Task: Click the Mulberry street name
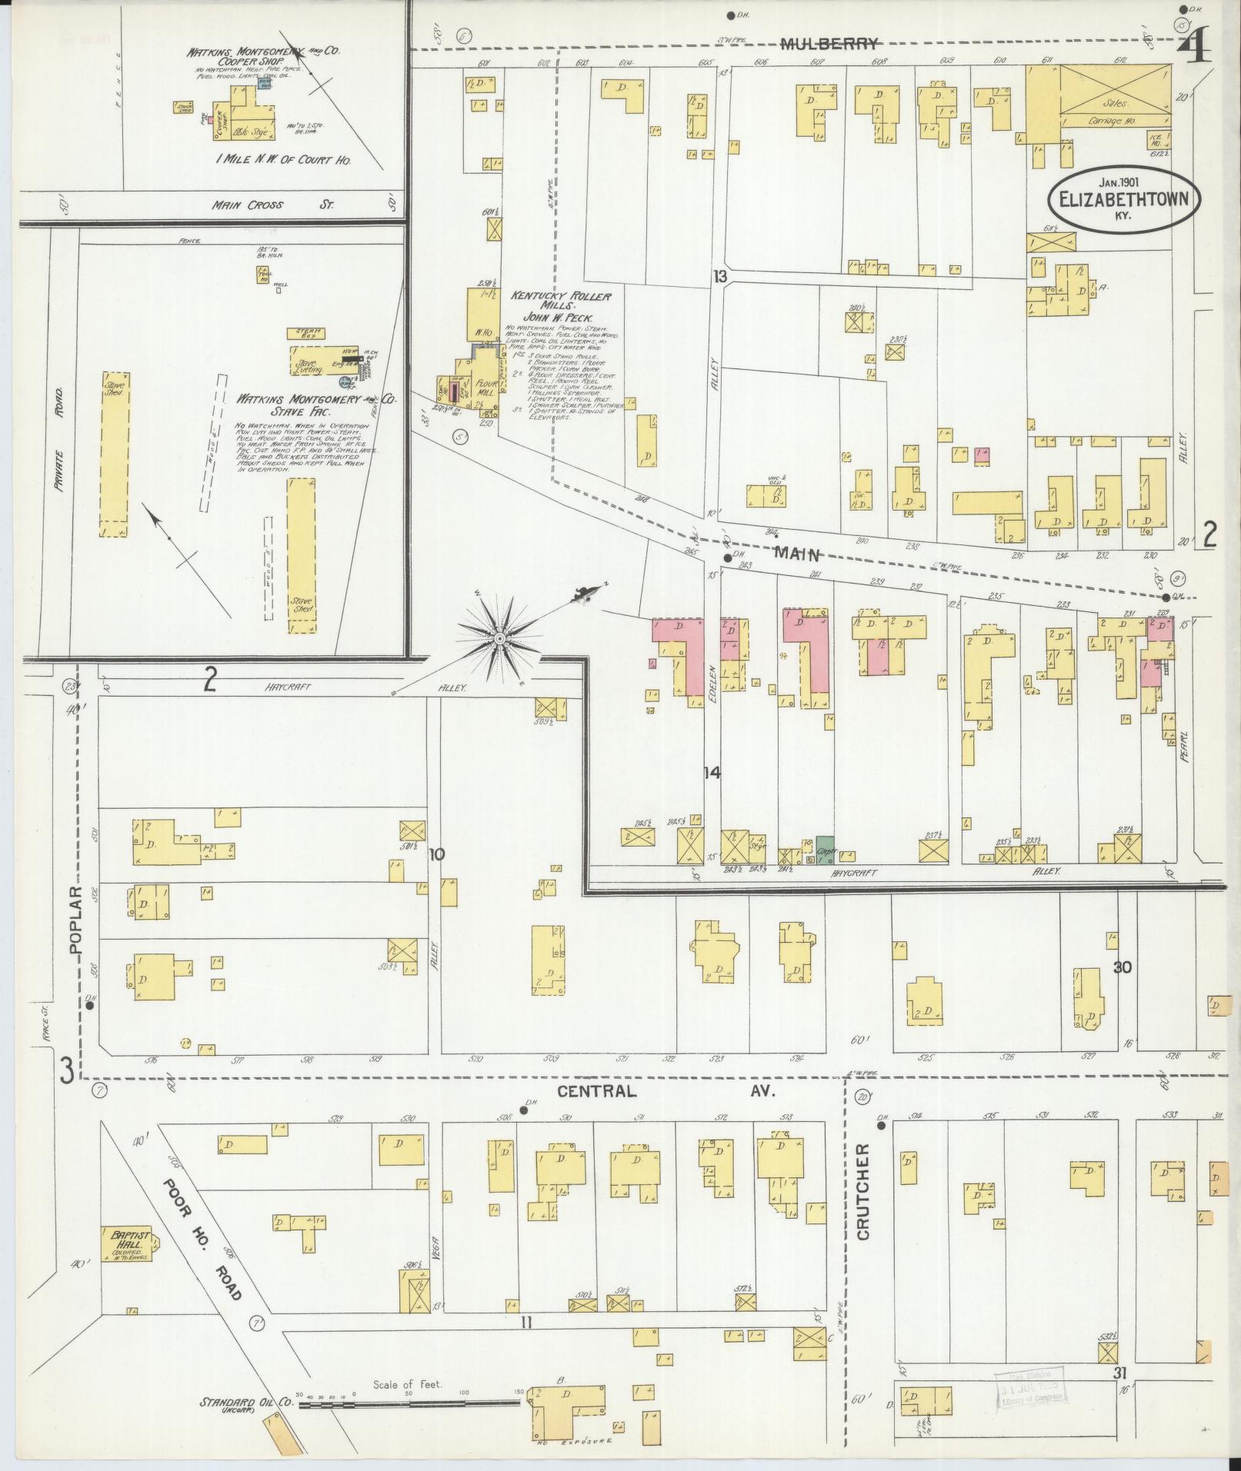829,44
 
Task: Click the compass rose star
500,639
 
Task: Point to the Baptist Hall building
125,1243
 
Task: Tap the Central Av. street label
663,1091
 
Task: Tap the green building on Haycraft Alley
826,847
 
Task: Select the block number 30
1123,967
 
